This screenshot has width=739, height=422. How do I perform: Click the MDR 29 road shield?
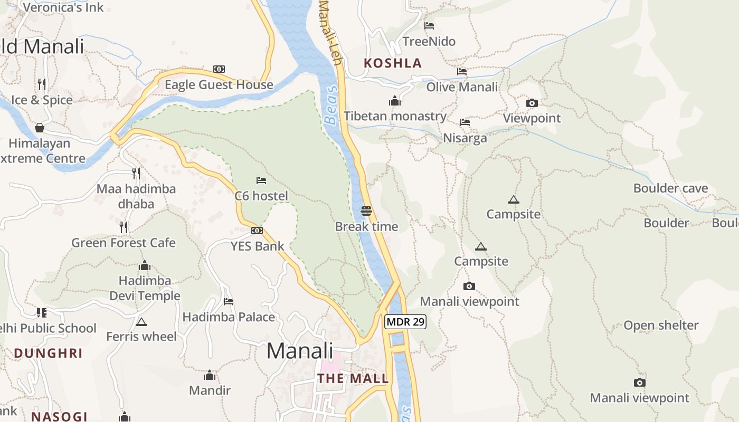405,322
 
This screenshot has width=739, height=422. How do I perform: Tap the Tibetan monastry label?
395,116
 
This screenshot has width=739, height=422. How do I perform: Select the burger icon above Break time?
366,211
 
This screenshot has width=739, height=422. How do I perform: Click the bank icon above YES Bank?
257,231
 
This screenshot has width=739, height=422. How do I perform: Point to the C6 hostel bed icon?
261,180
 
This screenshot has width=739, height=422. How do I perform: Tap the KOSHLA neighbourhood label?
393,63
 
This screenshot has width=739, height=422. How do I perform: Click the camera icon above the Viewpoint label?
532,103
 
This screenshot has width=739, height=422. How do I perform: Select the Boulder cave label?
670,188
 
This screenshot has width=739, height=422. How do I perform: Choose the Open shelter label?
661,325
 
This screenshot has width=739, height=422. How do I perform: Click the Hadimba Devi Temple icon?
145,265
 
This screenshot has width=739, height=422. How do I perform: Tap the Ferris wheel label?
141,337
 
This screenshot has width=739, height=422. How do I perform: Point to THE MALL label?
353,378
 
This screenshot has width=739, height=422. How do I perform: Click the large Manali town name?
300,351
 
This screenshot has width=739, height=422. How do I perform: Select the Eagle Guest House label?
219,85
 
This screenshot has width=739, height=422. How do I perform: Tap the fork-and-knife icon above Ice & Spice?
42,84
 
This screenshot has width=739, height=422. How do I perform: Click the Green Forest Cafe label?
124,243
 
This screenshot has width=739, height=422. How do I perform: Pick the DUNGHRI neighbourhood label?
48,353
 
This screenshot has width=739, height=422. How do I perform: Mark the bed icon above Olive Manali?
462,72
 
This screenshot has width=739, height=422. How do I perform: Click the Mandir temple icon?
210,375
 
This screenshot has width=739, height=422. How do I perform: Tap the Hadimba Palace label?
229,317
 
